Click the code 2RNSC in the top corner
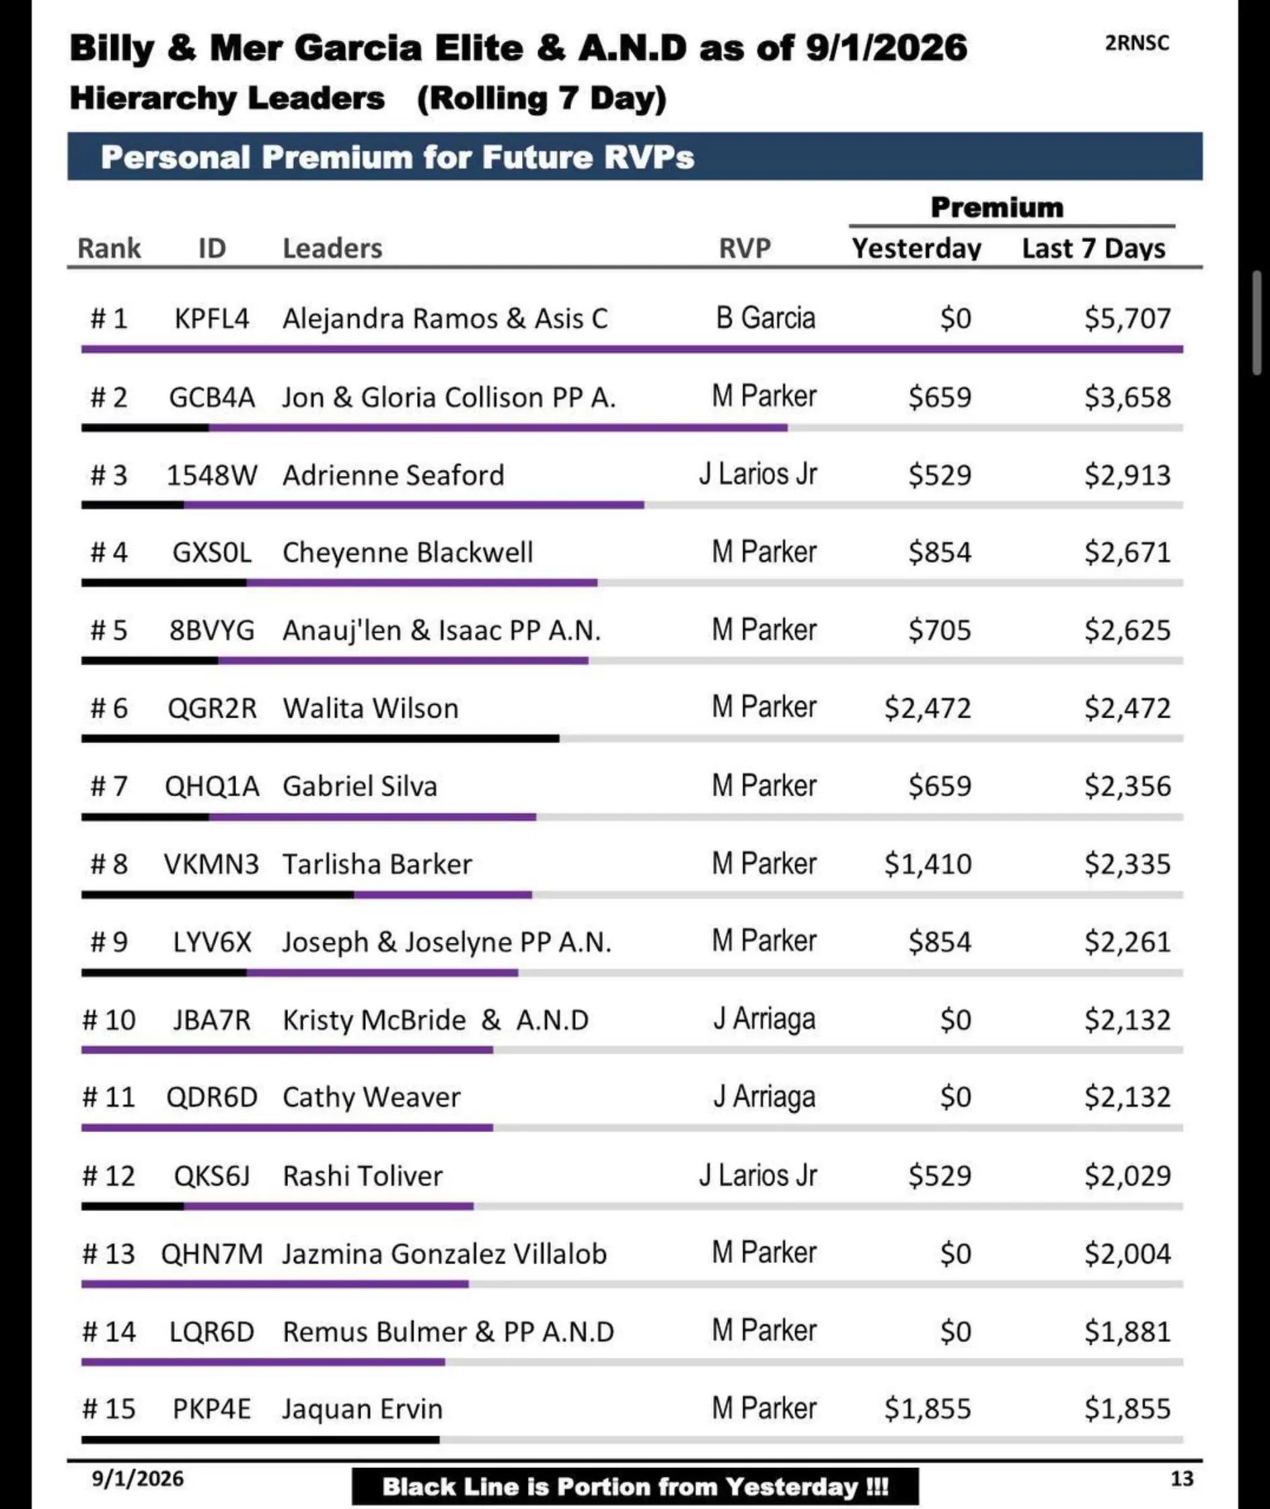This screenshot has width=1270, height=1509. tap(1137, 43)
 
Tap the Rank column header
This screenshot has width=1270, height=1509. tap(109, 248)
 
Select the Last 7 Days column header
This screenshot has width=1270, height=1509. tap(1094, 248)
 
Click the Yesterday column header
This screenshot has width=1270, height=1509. tap(916, 248)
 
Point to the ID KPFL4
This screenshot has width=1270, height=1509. tap(212, 318)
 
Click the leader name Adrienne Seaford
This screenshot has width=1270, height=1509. tap(393, 475)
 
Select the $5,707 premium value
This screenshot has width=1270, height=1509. tap(1127, 318)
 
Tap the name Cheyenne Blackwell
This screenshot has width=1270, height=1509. tap(408, 553)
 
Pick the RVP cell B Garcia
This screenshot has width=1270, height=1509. tap(765, 317)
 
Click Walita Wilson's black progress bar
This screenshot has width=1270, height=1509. tap(320, 738)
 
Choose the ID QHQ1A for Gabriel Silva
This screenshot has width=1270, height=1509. tap(212, 786)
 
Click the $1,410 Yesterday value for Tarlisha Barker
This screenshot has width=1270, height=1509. tap(928, 863)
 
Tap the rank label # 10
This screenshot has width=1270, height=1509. tap(109, 1019)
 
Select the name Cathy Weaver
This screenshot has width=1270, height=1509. tap(371, 1097)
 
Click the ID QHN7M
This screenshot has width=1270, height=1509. tap(212, 1253)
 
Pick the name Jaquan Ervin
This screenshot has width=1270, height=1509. tap(362, 1409)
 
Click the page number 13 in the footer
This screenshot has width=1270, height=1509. tap(1182, 1478)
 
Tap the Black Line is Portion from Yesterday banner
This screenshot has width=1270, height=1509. tap(635, 1487)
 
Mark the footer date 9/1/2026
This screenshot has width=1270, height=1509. tap(137, 1479)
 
